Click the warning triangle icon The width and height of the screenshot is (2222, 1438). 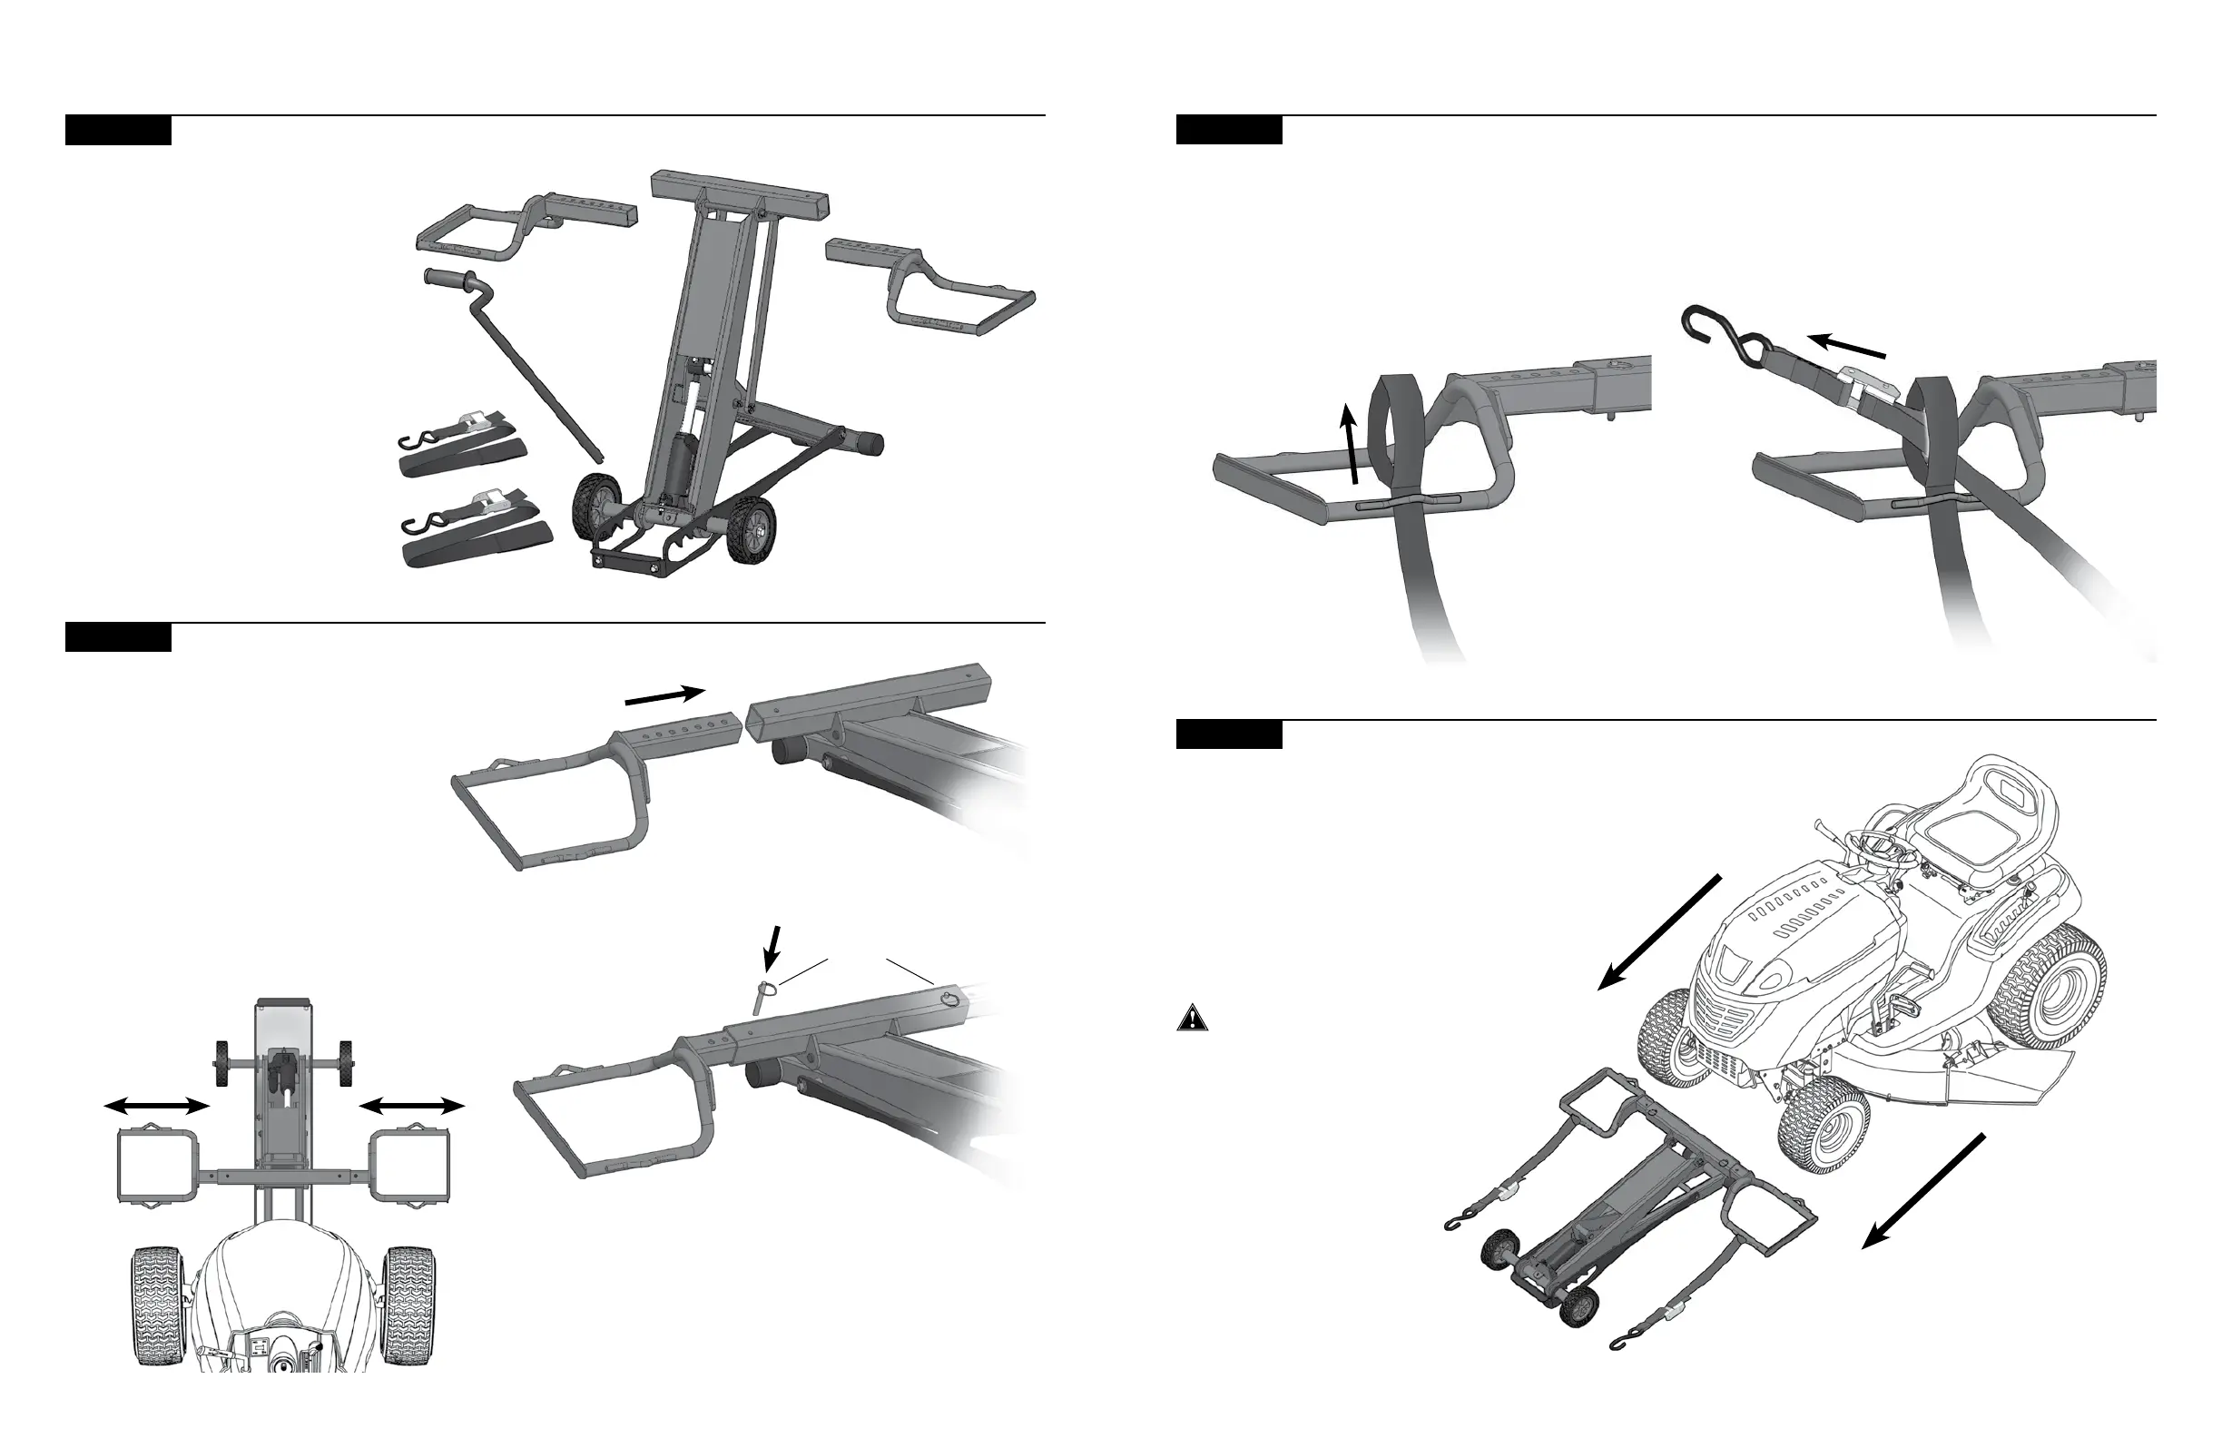[1192, 1018]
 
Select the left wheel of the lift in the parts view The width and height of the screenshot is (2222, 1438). [597, 504]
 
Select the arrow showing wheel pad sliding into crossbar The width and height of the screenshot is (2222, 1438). [664, 696]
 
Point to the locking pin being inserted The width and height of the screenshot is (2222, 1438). [762, 994]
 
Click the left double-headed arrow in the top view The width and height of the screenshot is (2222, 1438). [156, 1106]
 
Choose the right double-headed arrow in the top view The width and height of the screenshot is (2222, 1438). [412, 1106]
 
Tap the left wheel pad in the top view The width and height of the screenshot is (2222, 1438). [156, 1167]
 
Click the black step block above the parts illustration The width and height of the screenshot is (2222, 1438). [118, 131]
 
